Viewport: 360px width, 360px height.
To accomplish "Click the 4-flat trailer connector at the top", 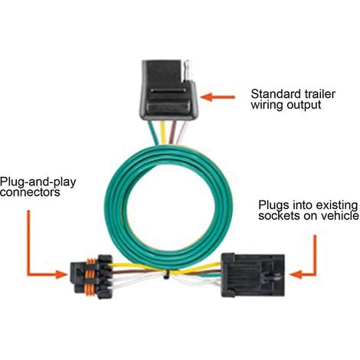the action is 168,90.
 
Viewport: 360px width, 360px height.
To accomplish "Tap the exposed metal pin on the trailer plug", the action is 188,70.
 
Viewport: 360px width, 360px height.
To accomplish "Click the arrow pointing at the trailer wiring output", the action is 218,97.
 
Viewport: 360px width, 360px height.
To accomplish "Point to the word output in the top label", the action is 304,105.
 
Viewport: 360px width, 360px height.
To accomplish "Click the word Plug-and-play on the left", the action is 38,183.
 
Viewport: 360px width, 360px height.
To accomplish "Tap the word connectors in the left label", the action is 30,192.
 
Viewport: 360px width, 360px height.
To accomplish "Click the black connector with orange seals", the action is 91,277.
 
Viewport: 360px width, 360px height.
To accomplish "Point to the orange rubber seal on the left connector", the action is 91,277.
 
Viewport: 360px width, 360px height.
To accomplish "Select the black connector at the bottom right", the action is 253,275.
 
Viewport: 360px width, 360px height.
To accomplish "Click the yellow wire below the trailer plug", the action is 163,133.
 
